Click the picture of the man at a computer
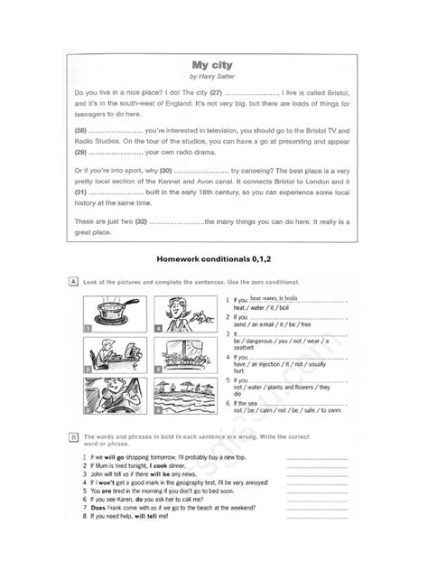pos(115,354)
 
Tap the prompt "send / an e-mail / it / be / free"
pos(274,324)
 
